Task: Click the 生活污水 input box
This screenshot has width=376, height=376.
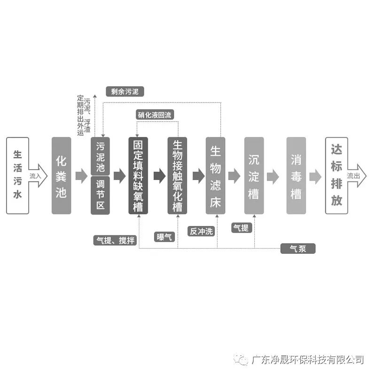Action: tap(17, 175)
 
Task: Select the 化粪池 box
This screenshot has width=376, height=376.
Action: tap(61, 175)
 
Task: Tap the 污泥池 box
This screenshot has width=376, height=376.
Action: tap(100, 157)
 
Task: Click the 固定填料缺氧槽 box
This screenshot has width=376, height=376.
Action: tap(138, 175)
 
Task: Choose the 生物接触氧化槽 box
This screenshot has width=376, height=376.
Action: tap(177, 175)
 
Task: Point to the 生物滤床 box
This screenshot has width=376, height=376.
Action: tap(215, 175)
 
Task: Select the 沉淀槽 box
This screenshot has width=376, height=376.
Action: tap(254, 175)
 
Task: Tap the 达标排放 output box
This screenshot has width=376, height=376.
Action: tap(337, 175)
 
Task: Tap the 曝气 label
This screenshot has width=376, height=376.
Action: tap(165, 236)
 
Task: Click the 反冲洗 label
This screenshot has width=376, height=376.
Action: tap(201, 231)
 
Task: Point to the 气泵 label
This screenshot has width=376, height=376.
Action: tap(298, 249)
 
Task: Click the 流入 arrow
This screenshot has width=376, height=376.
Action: tap(38, 176)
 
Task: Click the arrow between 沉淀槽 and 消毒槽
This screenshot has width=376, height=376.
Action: tap(273, 176)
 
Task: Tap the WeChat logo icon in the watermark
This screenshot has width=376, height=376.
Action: tap(243, 360)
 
